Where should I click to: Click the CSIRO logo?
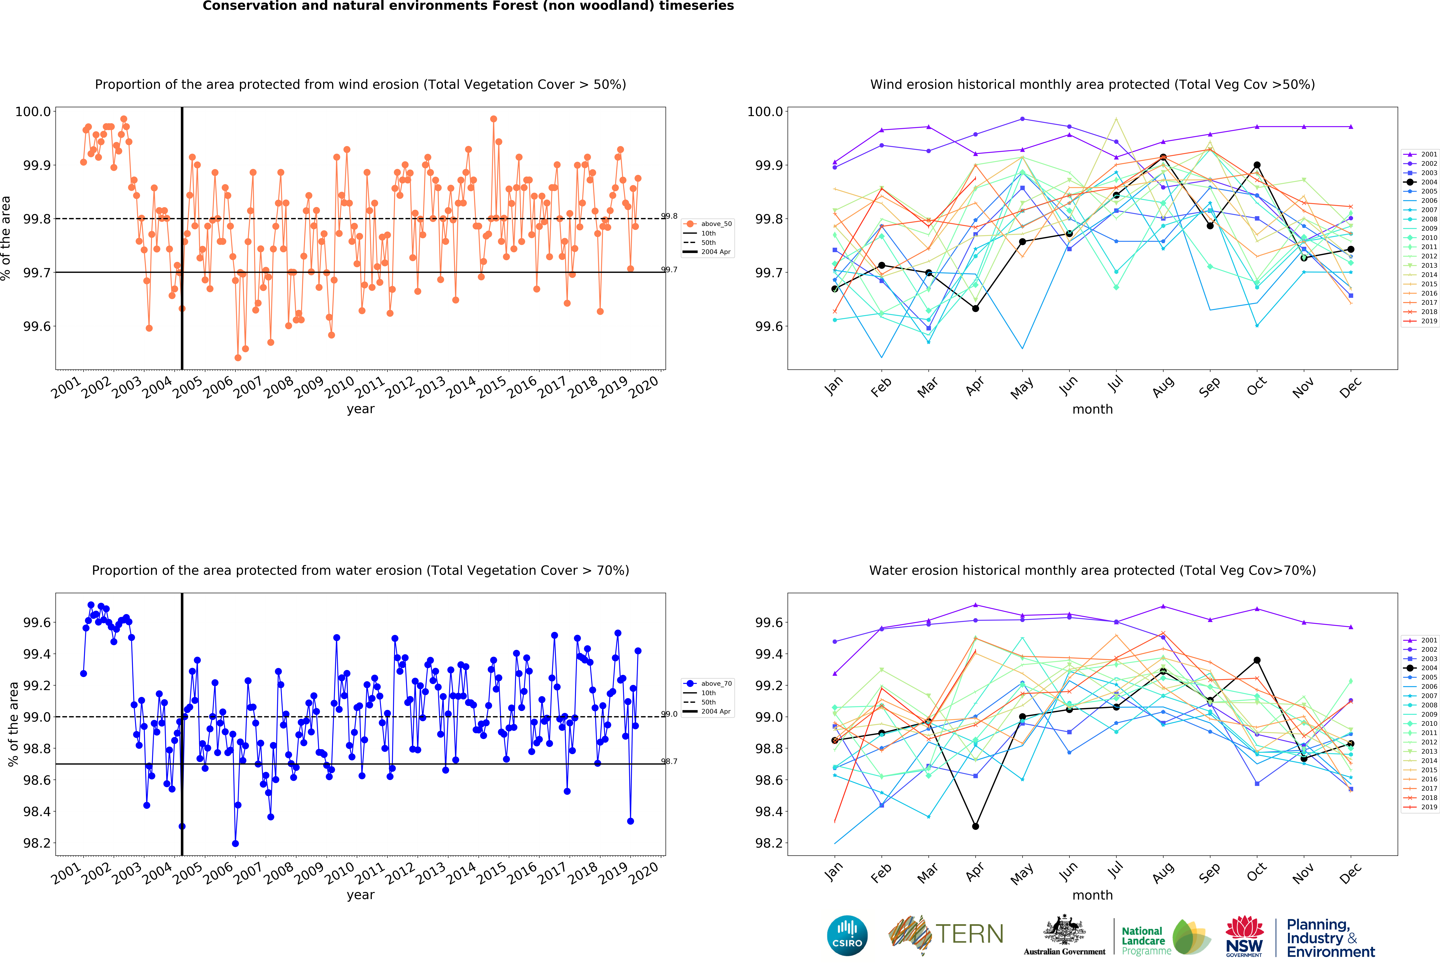pos(847,935)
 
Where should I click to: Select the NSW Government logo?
pos(1244,936)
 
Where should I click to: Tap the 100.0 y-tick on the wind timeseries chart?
pos(33,112)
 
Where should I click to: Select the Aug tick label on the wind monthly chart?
pos(1163,385)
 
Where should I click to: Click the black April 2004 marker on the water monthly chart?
pos(975,826)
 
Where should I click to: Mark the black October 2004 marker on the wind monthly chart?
pos(1257,165)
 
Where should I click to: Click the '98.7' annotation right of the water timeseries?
pos(669,761)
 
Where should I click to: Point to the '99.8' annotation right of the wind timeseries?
pos(669,216)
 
